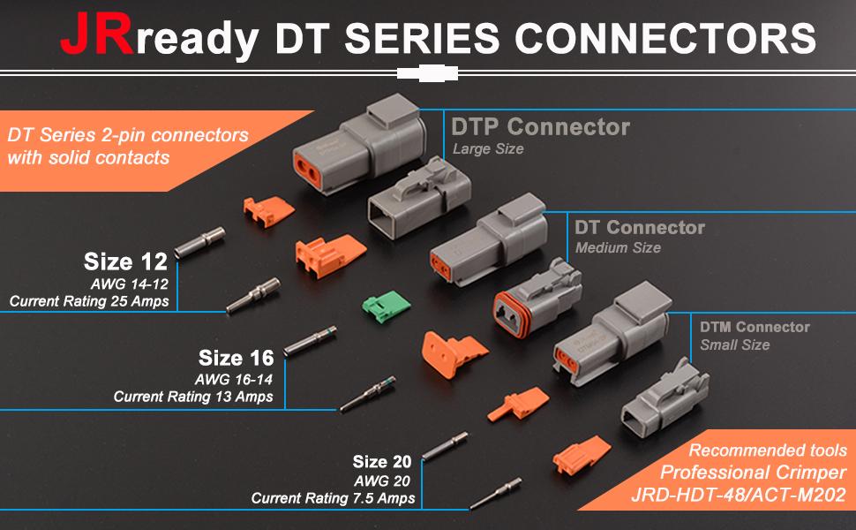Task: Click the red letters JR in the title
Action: (x=96, y=34)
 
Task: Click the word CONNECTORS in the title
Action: (x=665, y=38)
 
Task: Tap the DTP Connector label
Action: (x=540, y=127)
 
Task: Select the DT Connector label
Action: (x=639, y=227)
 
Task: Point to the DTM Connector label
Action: (x=755, y=328)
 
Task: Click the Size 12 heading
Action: (x=125, y=261)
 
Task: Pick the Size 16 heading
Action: (x=236, y=358)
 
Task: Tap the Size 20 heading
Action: (x=381, y=462)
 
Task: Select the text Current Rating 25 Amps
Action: (x=89, y=301)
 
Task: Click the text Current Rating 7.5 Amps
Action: (x=333, y=498)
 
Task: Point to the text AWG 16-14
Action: (x=233, y=379)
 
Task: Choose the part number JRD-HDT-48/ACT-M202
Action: (x=739, y=495)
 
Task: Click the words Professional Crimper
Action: (x=754, y=472)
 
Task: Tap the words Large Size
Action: (x=488, y=148)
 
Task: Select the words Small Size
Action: (x=735, y=344)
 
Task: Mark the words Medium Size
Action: (x=618, y=248)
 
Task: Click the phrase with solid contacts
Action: (x=88, y=158)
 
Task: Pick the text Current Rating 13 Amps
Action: (x=193, y=397)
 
